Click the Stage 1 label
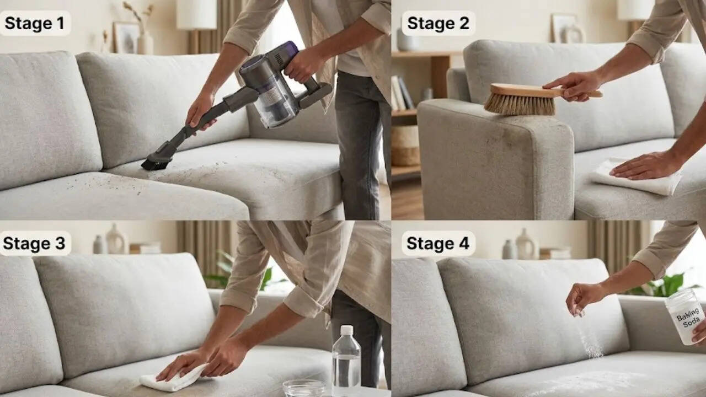tap(35, 23)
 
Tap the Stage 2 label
tap(438, 23)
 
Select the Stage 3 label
tap(34, 243)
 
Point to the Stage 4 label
tap(438, 243)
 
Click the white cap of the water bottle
tap(347, 330)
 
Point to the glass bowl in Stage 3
tap(303, 388)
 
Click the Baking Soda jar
tap(686, 316)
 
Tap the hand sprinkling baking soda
tap(583, 298)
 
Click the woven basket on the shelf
tap(405, 146)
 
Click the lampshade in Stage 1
tap(196, 14)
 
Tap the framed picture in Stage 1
tap(127, 38)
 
